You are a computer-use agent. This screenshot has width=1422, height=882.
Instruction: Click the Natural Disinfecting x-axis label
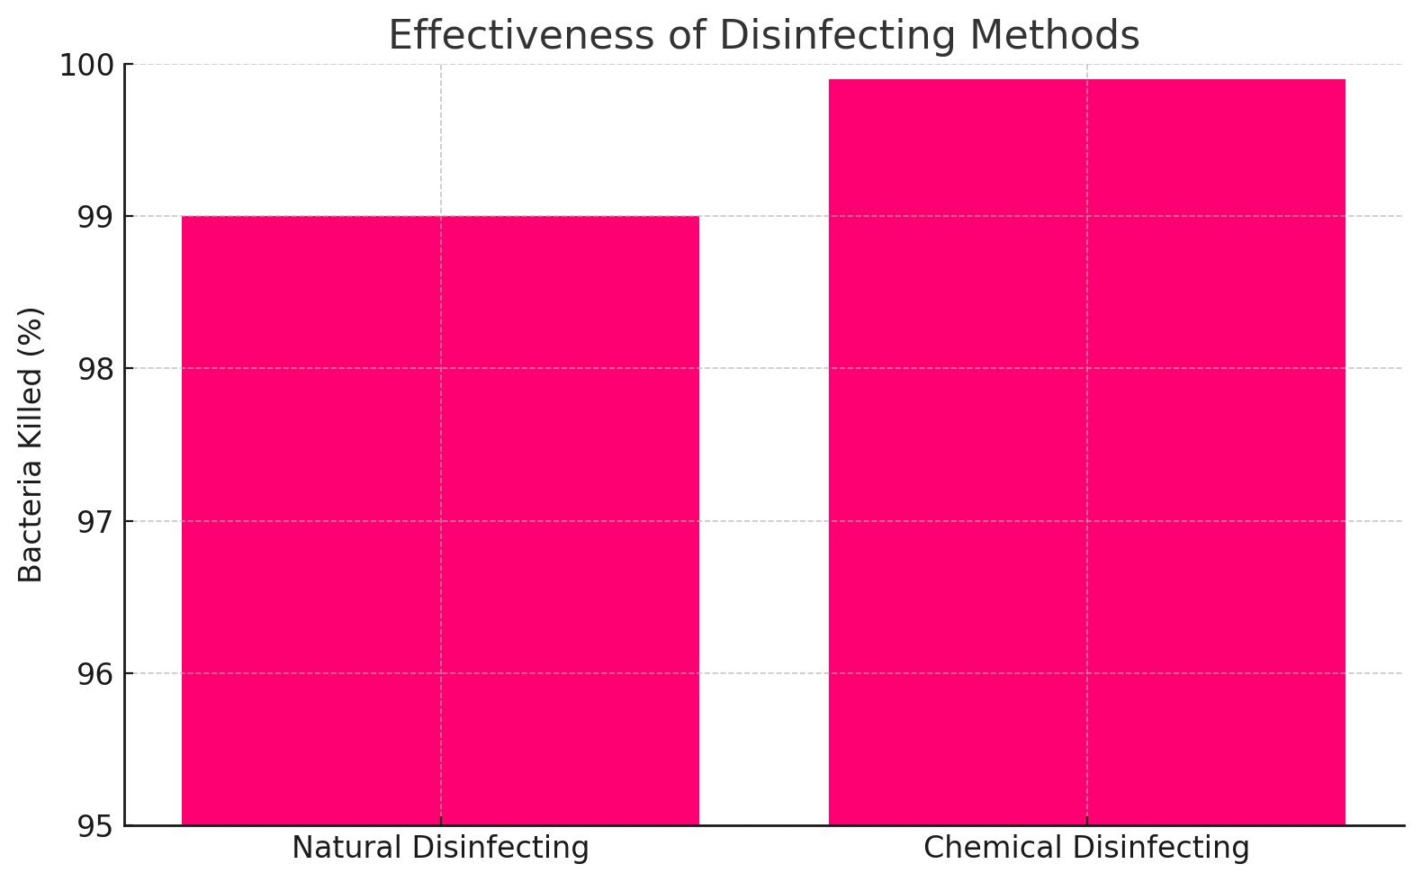pos(440,848)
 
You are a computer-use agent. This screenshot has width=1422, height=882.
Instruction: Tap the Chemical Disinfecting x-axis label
pos(1086,848)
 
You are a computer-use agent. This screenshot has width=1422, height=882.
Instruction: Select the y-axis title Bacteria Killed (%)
pos(31,445)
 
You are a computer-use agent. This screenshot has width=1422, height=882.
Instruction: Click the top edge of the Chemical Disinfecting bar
pos(1086,80)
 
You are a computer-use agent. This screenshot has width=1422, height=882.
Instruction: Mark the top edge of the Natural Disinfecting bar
pos(440,217)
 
